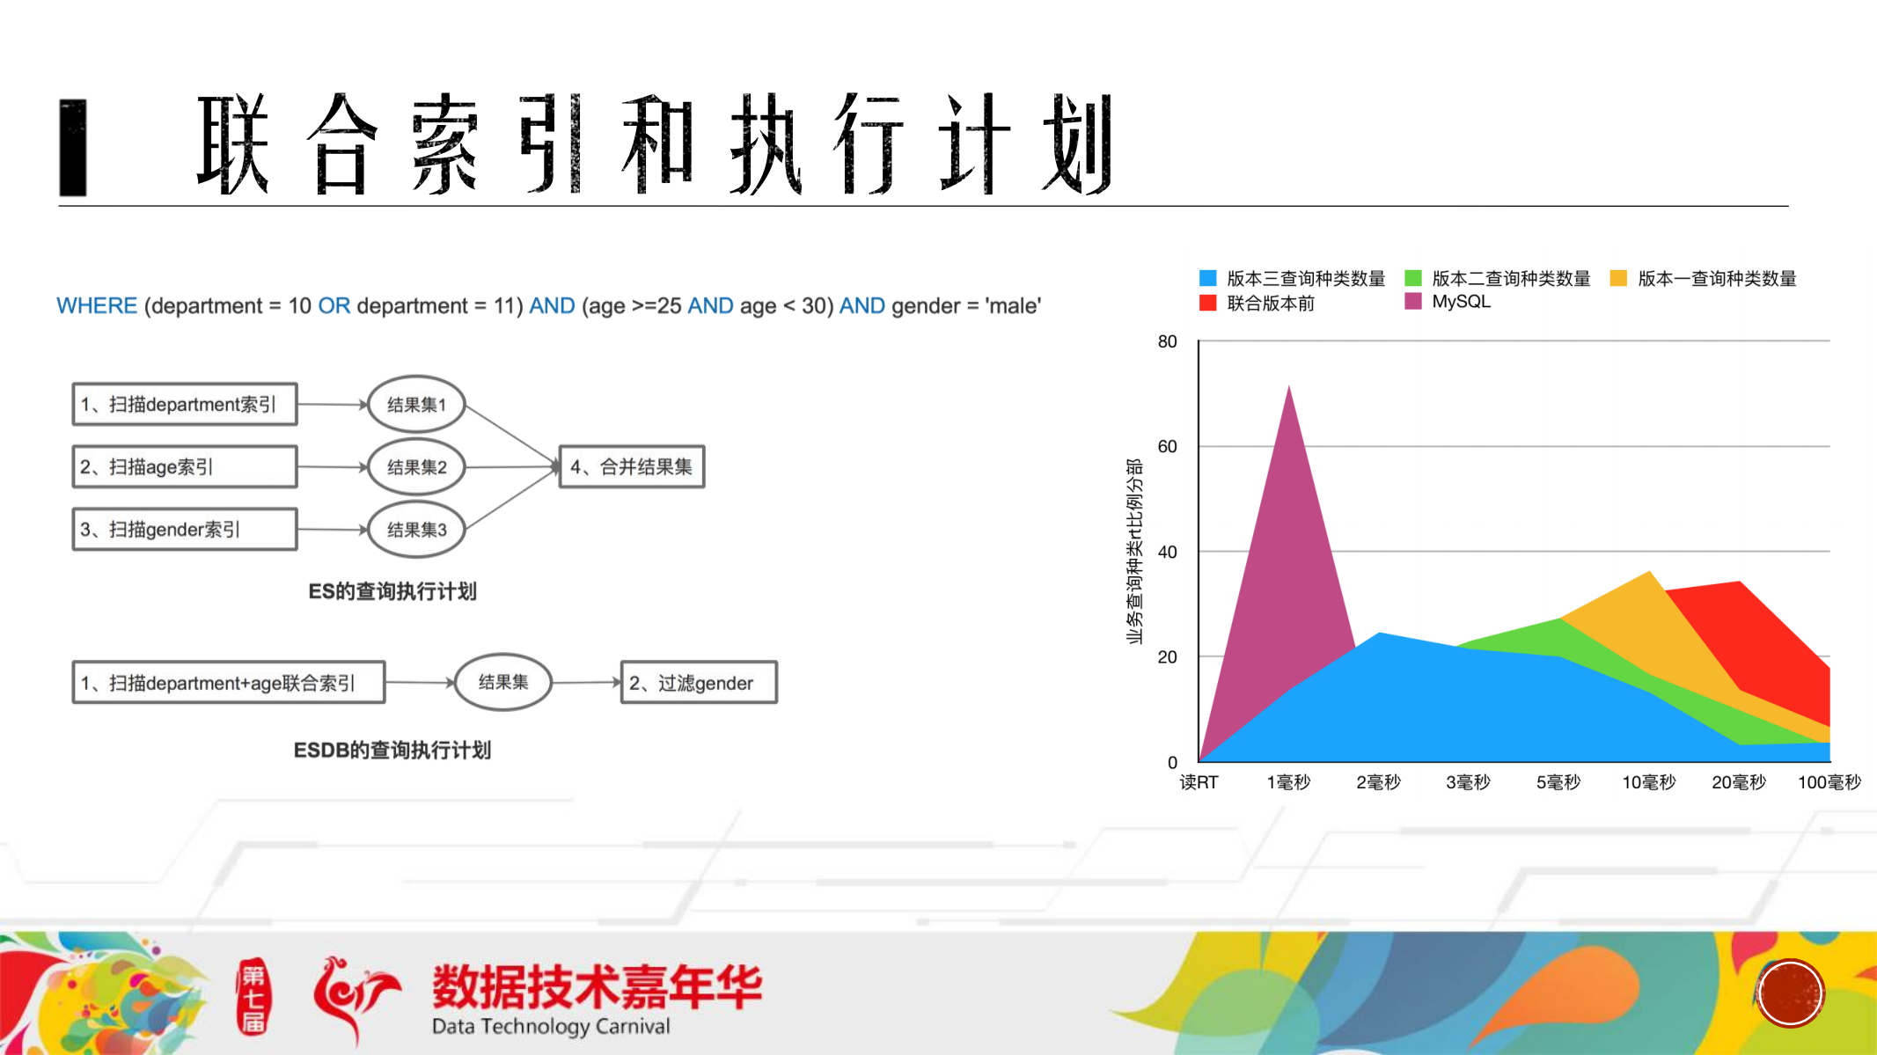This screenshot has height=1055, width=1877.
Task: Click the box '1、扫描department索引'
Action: (x=184, y=404)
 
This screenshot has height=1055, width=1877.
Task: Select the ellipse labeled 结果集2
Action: (x=416, y=467)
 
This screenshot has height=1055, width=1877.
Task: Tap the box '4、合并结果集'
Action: (x=632, y=466)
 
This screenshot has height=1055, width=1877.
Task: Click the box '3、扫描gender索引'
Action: (x=184, y=530)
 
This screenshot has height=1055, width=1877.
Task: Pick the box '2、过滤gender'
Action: (x=699, y=683)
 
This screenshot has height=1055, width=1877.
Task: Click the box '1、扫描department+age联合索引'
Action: (x=228, y=683)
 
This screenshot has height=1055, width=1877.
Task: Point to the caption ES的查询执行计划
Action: (x=392, y=591)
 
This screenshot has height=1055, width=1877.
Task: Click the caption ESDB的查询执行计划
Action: (x=392, y=751)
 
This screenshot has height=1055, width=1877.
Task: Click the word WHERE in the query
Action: (x=97, y=306)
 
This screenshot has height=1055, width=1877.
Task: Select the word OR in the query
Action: (x=334, y=306)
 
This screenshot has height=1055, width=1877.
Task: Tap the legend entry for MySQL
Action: (x=1460, y=302)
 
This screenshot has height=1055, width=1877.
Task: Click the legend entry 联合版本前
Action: (x=1270, y=304)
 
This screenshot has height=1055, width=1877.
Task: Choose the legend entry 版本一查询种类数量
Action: (x=1716, y=279)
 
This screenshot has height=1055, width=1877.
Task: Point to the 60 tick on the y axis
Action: (x=1167, y=447)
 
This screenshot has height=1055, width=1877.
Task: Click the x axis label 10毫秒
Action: (x=1648, y=782)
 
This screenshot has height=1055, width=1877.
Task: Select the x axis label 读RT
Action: (x=1199, y=782)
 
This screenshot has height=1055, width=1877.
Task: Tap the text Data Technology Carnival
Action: (x=551, y=1026)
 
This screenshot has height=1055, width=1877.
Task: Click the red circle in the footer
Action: (x=1790, y=993)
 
